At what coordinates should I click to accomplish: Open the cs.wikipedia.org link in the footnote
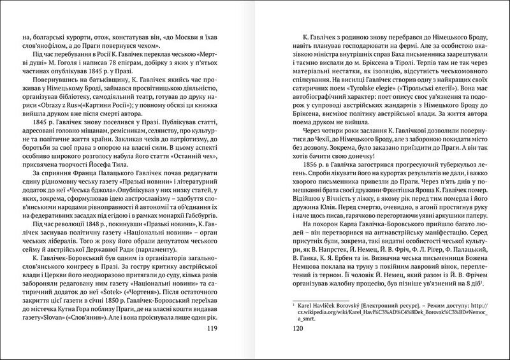point(392,313)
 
